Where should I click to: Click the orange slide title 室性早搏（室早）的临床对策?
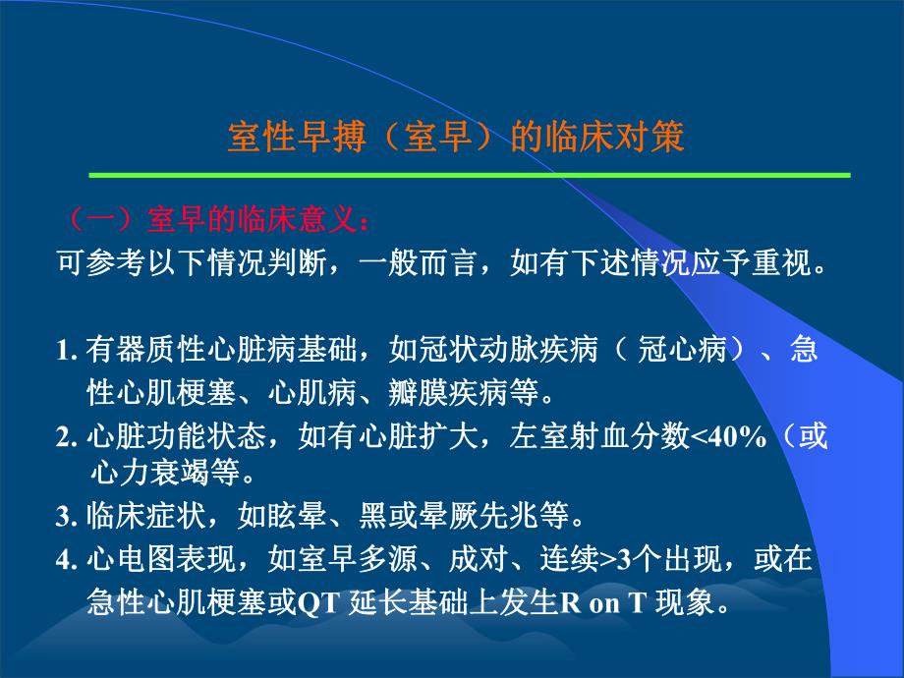coord(455,137)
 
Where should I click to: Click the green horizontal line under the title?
coord(470,175)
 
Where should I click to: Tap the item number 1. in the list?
coord(68,352)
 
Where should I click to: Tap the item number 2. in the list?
coord(68,438)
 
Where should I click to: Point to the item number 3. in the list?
coord(68,516)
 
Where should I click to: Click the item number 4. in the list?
coord(68,560)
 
